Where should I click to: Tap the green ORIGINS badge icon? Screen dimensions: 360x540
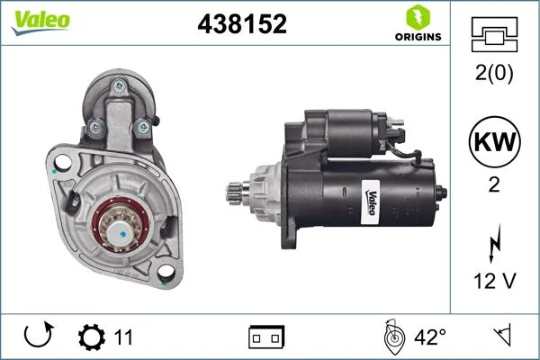click(417, 17)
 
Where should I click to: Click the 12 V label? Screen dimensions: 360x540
click(493, 281)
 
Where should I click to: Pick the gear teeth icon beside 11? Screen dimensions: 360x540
click(91, 337)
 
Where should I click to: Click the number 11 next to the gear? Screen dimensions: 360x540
click(123, 337)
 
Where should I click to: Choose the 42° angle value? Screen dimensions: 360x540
click(429, 337)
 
